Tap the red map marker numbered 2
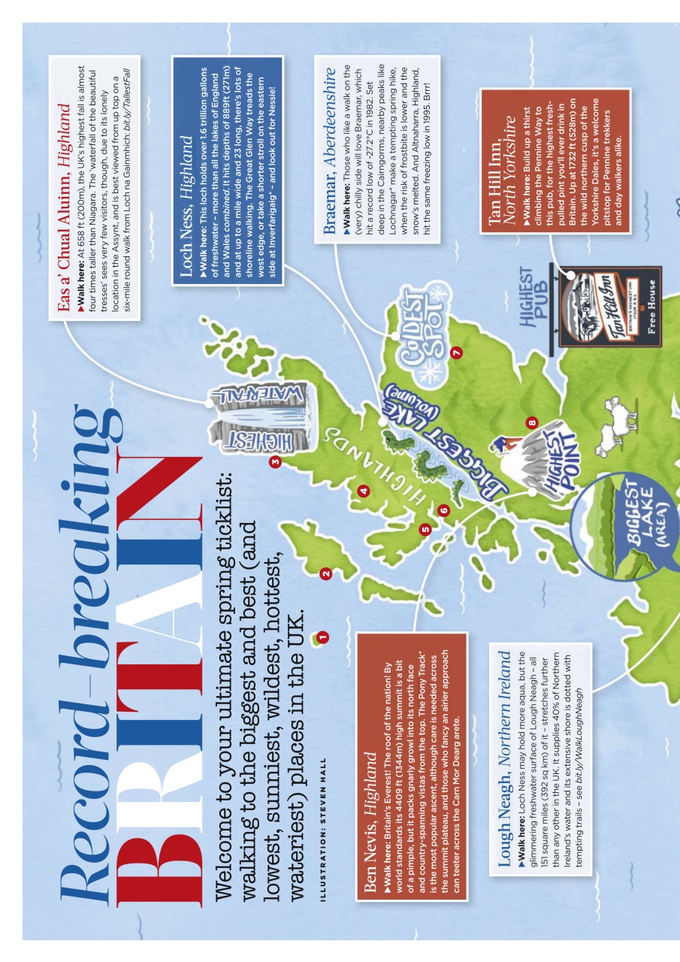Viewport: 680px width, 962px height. coord(325,574)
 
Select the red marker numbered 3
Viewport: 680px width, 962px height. coord(275,461)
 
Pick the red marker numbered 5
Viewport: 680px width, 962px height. coord(425,529)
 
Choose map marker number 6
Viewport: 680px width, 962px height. coord(443,510)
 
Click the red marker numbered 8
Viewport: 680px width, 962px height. coord(532,422)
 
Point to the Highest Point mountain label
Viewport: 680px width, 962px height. coord(556,470)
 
